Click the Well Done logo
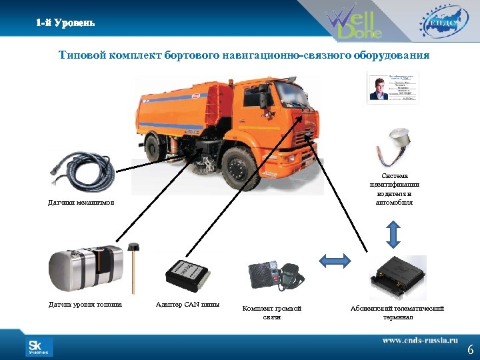click(353, 23)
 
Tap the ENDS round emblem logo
click(440, 22)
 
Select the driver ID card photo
click(393, 87)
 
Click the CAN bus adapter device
click(187, 273)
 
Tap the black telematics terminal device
click(397, 275)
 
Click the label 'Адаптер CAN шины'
click(187, 305)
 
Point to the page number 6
click(470, 349)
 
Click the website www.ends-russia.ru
click(420, 340)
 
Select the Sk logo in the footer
click(39, 347)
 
